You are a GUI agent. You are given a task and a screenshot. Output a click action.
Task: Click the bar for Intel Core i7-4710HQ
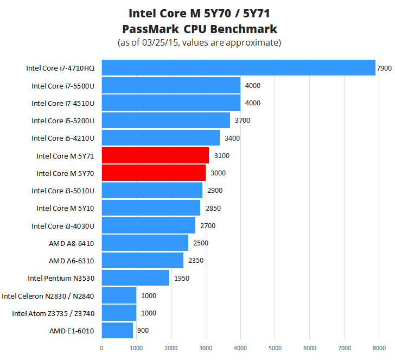click(x=238, y=68)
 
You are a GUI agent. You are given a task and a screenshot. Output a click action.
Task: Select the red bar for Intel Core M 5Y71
click(x=155, y=156)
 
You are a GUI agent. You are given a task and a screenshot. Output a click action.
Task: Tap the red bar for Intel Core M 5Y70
click(x=154, y=173)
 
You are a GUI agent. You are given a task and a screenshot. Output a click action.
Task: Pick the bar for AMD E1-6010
click(x=117, y=330)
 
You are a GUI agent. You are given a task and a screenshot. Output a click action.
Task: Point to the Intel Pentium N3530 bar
click(x=135, y=278)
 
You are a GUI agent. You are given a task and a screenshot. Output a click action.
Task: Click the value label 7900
click(x=384, y=68)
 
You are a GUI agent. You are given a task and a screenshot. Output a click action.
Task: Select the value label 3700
click(x=242, y=121)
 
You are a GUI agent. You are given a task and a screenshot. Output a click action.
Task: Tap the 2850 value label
click(x=213, y=208)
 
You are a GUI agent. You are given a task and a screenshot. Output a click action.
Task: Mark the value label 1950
click(x=182, y=278)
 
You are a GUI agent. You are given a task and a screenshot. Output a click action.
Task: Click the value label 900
click(x=143, y=330)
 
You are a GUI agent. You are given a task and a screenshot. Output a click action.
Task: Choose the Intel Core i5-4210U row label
click(x=63, y=138)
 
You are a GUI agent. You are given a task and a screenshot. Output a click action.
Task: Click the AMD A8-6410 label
click(x=72, y=243)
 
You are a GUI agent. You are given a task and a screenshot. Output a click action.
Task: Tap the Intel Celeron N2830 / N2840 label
click(x=48, y=296)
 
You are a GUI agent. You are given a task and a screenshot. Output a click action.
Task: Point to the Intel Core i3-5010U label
click(x=63, y=191)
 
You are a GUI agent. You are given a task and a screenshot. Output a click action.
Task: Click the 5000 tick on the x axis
click(x=275, y=349)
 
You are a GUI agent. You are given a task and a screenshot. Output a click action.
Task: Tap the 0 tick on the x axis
click(x=101, y=349)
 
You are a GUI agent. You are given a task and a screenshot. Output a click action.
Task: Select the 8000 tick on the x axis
click(x=379, y=349)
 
